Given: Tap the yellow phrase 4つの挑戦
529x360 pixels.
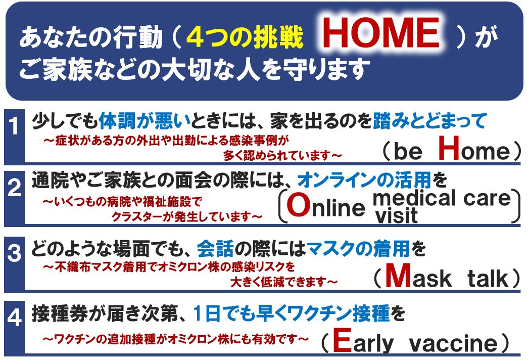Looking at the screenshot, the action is (245, 37).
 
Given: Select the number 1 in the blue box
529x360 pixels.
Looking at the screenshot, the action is (14, 126).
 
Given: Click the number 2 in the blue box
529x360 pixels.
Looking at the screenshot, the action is (14, 188).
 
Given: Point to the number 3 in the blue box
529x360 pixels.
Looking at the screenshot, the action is (14, 253).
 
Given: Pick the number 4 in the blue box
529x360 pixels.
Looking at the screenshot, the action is (14, 317).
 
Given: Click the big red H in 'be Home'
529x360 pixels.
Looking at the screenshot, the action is (449, 148).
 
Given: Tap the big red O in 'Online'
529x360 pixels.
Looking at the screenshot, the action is (299, 205).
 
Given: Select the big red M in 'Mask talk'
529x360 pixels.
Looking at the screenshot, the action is (398, 275).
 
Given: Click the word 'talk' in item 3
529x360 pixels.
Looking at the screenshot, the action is (488, 279).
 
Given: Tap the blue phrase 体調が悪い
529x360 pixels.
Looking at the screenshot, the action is (145, 121).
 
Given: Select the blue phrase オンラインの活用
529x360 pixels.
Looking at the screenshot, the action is (364, 179).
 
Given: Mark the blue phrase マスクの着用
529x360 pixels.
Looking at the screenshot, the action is (358, 249).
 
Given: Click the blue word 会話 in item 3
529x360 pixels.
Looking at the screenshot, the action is (215, 249).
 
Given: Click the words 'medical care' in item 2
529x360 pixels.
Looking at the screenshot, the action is (442, 198).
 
